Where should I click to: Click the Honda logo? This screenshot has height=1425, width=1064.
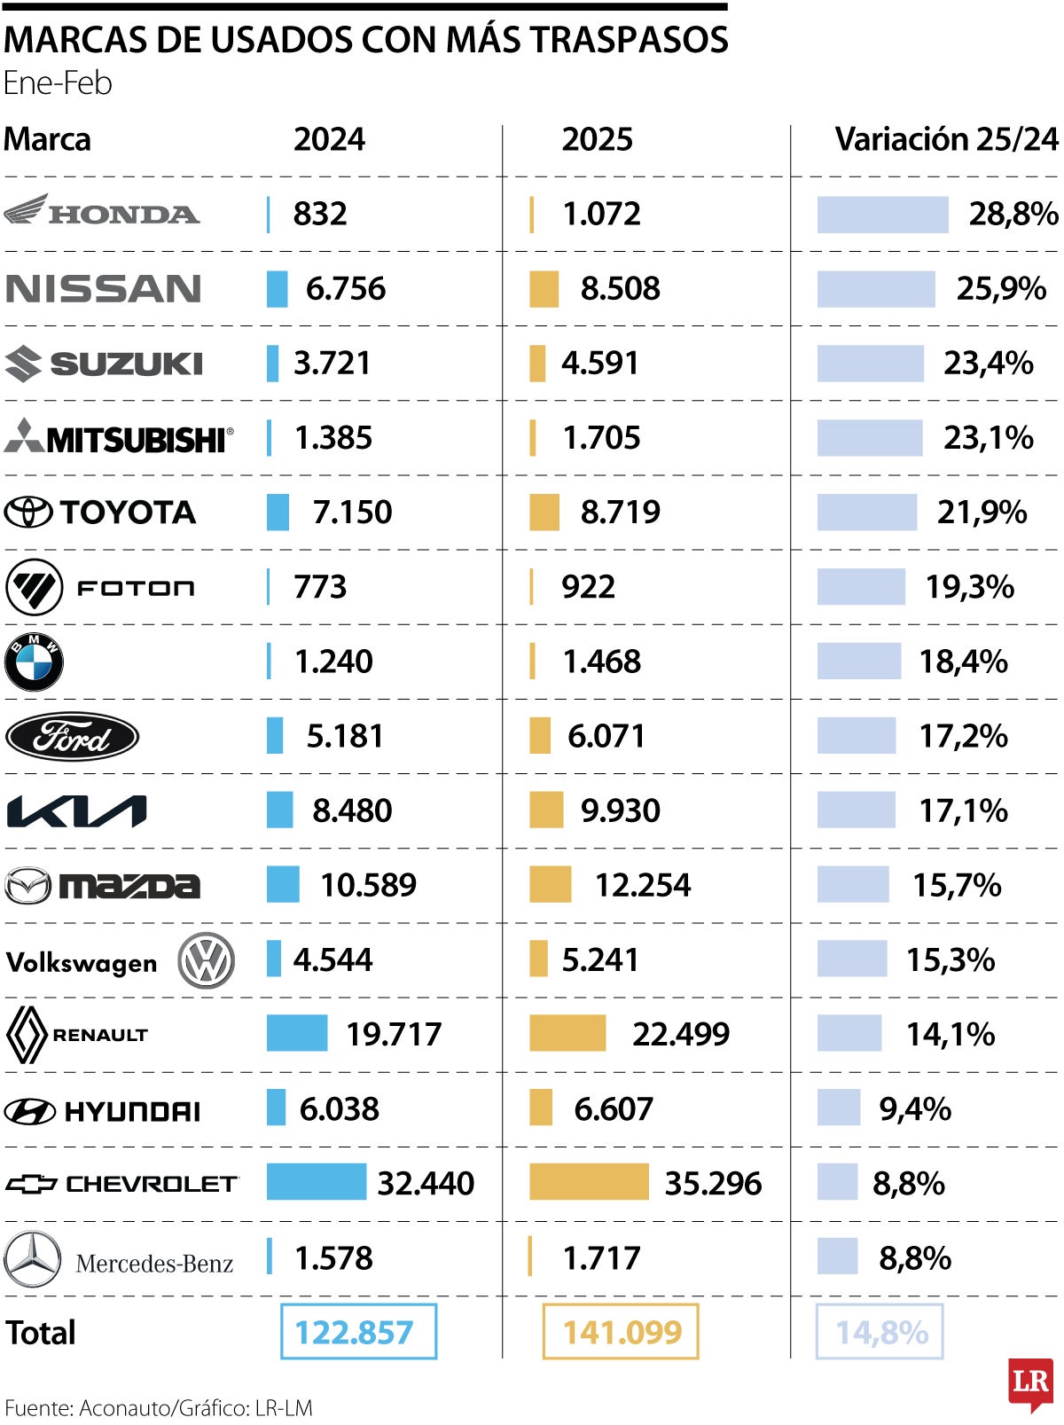point(101,212)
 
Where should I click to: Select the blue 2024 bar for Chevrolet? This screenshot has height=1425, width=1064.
point(316,1182)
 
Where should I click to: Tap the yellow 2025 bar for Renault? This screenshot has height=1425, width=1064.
point(567,1033)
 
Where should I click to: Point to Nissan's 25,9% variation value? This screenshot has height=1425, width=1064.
point(1001,288)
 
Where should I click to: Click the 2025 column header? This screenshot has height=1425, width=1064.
point(597,139)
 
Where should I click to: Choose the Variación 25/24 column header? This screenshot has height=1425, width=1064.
point(946,139)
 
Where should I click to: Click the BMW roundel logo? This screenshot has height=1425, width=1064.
point(34,662)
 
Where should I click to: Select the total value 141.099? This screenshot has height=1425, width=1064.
point(621,1331)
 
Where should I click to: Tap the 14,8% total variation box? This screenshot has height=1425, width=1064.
point(880,1331)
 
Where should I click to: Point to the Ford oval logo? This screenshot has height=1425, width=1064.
point(72,736)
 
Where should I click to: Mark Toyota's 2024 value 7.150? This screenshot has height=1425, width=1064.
point(352,512)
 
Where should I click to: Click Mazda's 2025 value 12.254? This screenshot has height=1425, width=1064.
point(642,885)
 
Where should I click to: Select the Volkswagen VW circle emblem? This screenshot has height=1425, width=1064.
point(206,960)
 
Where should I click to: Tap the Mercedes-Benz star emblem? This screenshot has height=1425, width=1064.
point(33,1259)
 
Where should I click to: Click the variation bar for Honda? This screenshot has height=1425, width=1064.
point(882,215)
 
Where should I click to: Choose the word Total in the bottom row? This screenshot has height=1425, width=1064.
point(41,1332)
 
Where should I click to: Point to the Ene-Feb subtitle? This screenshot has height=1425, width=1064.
point(58,83)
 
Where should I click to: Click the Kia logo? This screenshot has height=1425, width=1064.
point(76,811)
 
